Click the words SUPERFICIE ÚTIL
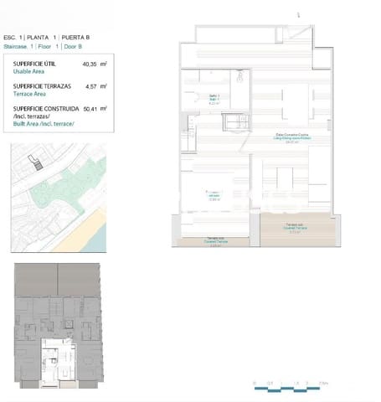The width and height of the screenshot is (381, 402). [x=34, y=64]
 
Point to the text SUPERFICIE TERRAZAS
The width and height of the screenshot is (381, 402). [x=41, y=86]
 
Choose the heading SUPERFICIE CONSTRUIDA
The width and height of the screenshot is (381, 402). [x=46, y=108]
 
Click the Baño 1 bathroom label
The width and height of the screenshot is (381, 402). [x=214, y=98]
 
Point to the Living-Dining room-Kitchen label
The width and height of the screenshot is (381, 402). [x=292, y=137]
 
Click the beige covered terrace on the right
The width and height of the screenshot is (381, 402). [x=298, y=227]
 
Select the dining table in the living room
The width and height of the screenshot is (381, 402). [x=295, y=105]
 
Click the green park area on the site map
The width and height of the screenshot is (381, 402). [x=71, y=201]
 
